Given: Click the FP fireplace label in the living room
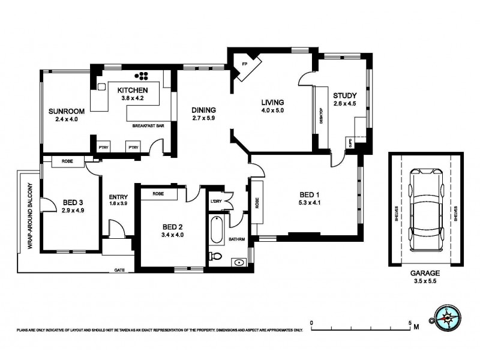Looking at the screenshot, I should pos(244,64).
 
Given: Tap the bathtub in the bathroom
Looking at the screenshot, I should pos(217,229).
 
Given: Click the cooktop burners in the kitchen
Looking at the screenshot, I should pos(143,76).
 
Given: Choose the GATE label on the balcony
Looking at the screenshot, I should pos(120,270).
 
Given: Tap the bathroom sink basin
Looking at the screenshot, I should pos(239,262).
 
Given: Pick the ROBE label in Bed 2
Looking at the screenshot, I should pos(158,194).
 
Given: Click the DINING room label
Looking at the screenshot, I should pos(203,110).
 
